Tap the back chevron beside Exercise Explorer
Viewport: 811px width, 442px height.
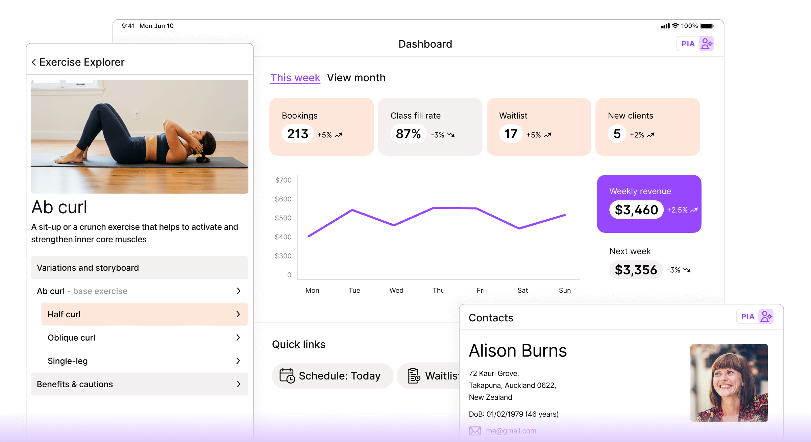(34, 62)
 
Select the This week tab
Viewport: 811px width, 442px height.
(295, 78)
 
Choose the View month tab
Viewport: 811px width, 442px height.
(356, 78)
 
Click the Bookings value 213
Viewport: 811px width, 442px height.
(298, 134)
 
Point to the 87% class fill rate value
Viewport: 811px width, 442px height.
(408, 134)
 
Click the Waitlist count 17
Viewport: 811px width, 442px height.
(511, 134)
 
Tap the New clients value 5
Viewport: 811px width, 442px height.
(617, 134)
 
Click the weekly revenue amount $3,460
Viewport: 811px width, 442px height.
(636, 210)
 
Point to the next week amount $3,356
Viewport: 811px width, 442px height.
(636, 270)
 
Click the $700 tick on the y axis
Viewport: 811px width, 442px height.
(283, 180)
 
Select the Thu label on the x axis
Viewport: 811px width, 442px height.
(439, 290)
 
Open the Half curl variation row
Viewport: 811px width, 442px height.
(145, 314)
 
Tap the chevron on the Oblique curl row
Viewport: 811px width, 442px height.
(238, 337)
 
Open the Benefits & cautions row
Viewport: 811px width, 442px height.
(140, 384)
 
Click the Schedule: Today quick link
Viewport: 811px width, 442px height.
(333, 376)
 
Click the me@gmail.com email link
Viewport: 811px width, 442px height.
(511, 431)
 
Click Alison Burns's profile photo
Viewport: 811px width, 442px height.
(729, 383)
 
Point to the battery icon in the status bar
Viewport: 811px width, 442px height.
(707, 26)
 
